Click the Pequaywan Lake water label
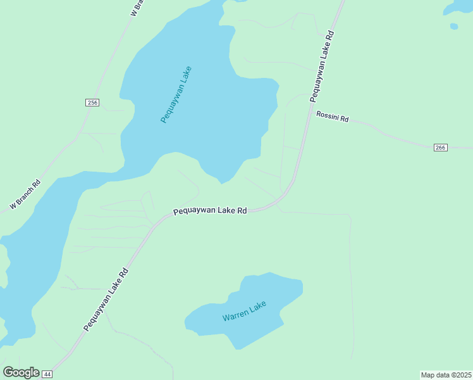click(x=176, y=94)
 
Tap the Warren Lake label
click(x=244, y=311)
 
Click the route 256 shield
click(x=92, y=103)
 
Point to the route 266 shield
click(x=441, y=148)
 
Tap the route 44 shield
click(x=47, y=374)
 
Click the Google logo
click(x=21, y=372)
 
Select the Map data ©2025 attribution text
click(x=446, y=375)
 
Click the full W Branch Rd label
click(x=25, y=195)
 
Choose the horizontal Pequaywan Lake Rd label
click(x=209, y=211)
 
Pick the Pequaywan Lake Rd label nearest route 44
click(x=106, y=300)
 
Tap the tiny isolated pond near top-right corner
click(x=453, y=26)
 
